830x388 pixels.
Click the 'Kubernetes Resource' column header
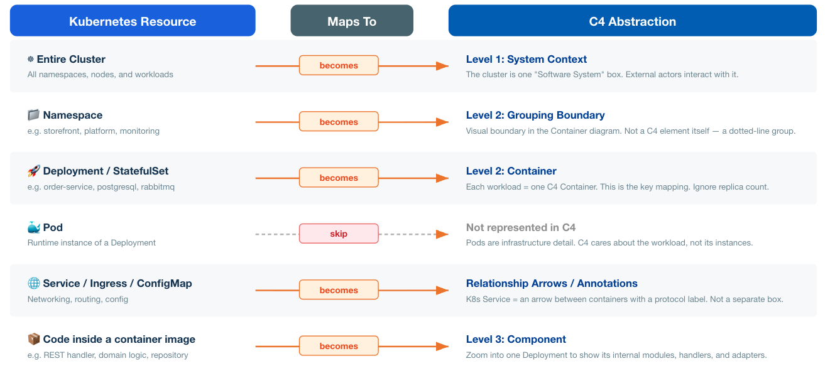[133, 21]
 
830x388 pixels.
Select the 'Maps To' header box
[352, 21]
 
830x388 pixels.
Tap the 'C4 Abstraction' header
[632, 21]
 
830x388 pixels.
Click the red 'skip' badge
[339, 234]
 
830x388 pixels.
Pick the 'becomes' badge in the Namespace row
[339, 122]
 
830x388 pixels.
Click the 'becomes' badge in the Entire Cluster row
[339, 65]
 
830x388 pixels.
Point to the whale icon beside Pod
[34, 227]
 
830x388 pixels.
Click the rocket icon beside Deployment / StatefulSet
[34, 171]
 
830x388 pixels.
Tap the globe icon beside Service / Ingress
[34, 284]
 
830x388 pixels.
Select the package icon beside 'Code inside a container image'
[34, 340]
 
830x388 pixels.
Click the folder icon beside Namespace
[34, 116]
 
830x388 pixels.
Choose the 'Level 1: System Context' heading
[526, 59]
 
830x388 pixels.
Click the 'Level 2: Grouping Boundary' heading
[535, 115]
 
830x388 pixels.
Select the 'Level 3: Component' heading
[516, 339]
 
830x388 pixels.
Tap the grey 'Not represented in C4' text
[521, 227]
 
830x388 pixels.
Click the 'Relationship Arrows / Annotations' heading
[552, 283]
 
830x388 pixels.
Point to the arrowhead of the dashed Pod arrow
[442, 234]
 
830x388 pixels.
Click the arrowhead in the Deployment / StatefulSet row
[442, 178]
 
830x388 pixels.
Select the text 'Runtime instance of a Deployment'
[92, 243]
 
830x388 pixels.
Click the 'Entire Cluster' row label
[71, 59]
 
